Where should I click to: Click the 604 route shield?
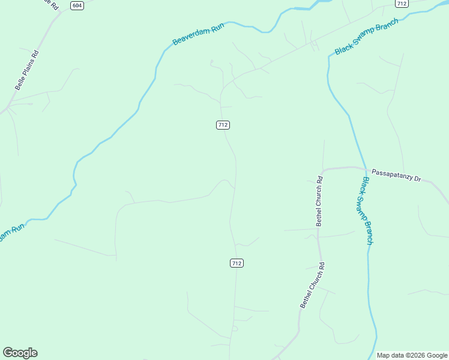click(76, 5)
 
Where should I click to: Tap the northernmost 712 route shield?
click(402, 4)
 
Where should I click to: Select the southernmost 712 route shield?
click(237, 263)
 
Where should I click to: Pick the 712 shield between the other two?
click(223, 125)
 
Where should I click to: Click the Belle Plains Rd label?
click(26, 70)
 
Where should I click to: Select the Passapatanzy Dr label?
click(397, 175)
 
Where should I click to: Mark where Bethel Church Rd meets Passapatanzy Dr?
click(322, 172)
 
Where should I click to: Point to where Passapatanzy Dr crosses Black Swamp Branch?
click(363, 169)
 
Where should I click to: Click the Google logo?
click(20, 353)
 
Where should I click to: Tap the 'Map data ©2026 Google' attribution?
click(412, 355)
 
